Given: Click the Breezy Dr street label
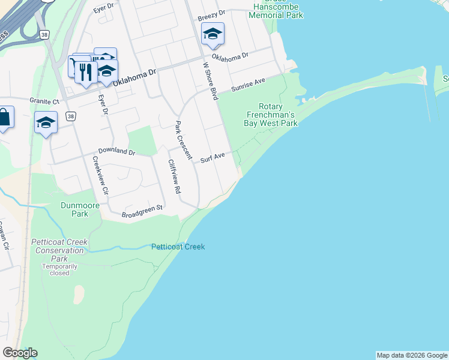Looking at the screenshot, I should (x=212, y=13).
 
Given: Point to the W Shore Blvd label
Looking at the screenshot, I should (x=210, y=80).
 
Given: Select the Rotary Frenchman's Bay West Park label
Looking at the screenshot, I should (x=271, y=115).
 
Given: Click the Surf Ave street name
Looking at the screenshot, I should (x=212, y=157).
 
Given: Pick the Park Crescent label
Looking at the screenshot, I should (x=182, y=140).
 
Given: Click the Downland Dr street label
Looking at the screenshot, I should (x=117, y=152).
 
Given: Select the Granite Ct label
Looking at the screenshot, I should (x=45, y=101).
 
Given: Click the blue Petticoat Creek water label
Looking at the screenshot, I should (x=178, y=247).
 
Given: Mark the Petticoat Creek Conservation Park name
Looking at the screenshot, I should (x=59, y=250).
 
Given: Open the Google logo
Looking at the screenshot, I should (x=20, y=353).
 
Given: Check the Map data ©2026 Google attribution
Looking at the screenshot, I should (x=412, y=355).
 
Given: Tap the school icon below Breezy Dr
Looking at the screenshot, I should (x=212, y=35).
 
